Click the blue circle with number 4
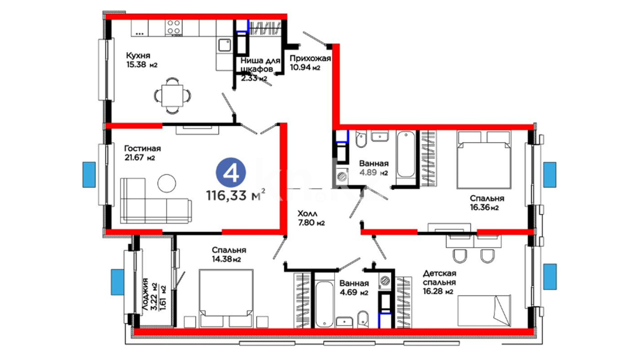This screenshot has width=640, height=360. (x=231, y=173)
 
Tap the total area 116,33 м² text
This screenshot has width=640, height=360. (x=236, y=195)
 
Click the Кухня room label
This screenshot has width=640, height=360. (x=138, y=55)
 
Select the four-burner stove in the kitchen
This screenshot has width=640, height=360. (x=174, y=27)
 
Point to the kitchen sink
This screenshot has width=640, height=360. (x=224, y=46)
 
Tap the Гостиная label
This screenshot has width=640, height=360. (x=142, y=148)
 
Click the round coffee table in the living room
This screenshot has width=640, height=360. (x=167, y=183)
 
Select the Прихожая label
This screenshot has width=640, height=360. (x=310, y=58)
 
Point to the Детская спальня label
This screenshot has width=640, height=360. (x=439, y=278)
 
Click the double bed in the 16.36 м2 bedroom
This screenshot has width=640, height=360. (x=484, y=160)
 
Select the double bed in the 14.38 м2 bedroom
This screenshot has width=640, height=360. (x=226, y=299)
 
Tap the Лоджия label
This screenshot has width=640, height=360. (x=145, y=295)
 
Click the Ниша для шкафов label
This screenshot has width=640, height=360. (x=260, y=65)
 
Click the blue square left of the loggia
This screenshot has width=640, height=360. (x=117, y=282)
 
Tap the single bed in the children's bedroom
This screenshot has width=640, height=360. (x=484, y=311)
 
